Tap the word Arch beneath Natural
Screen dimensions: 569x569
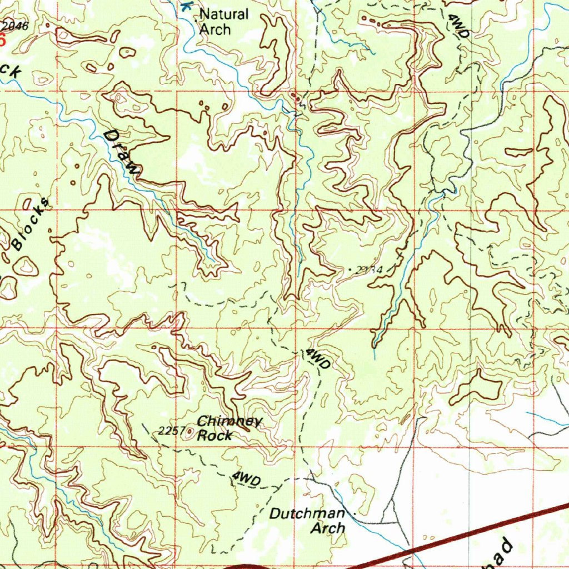214,29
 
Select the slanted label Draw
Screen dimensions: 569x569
122,153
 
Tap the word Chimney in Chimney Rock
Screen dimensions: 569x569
228,422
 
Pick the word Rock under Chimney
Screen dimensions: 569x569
215,436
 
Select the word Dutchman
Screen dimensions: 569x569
307,514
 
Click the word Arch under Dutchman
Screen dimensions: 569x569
327,528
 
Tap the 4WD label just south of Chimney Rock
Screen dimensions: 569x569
246,478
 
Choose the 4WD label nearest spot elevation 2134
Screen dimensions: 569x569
318,360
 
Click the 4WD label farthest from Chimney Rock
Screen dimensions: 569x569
459,26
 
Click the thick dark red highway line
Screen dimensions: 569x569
472,533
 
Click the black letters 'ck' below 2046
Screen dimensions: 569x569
11,70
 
